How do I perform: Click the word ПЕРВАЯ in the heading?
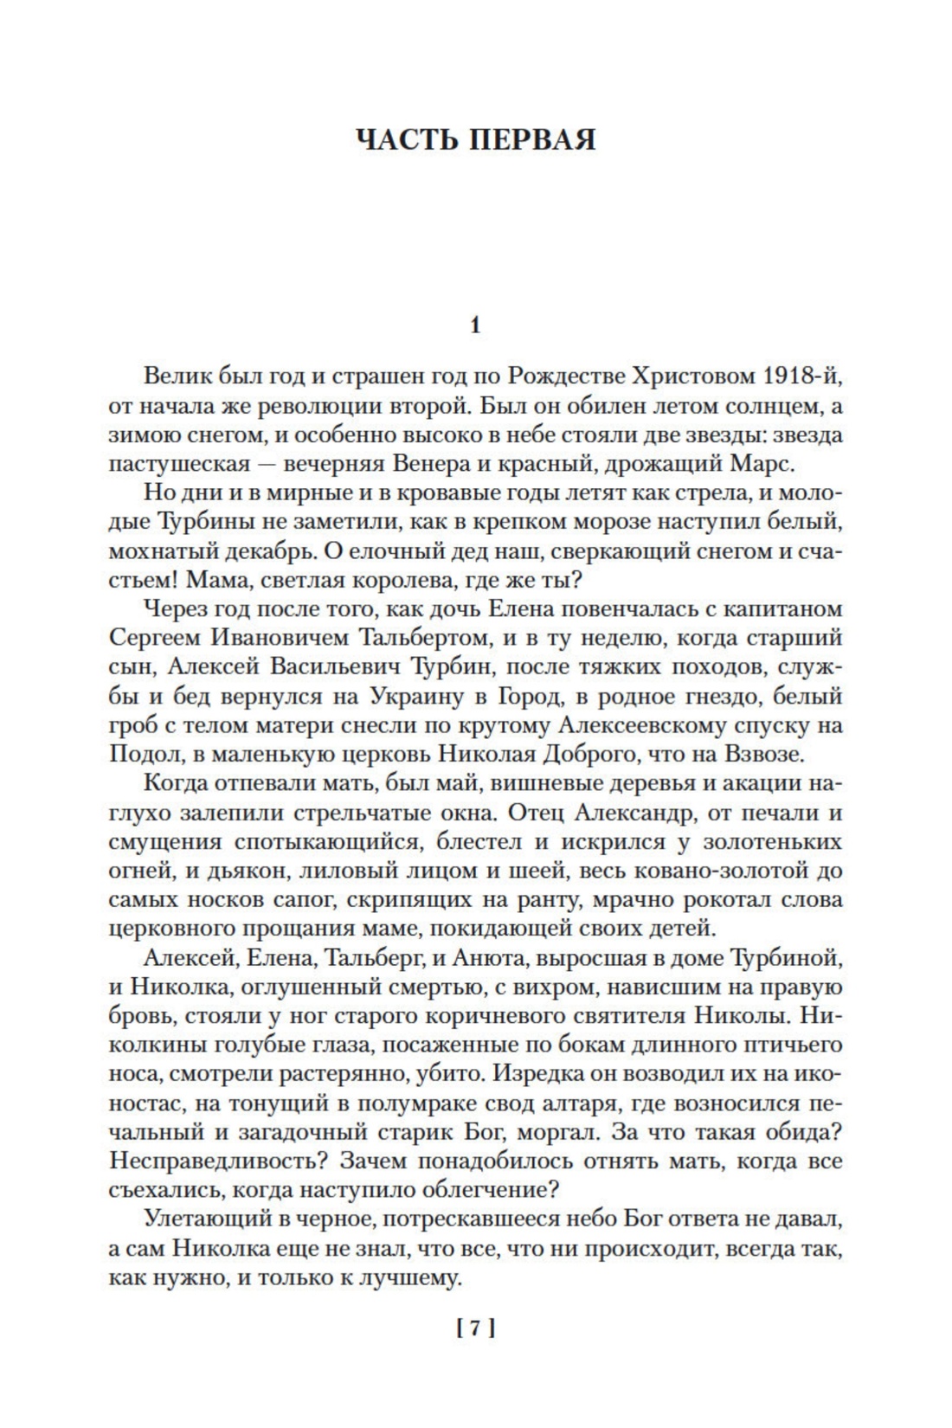coord(532,139)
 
